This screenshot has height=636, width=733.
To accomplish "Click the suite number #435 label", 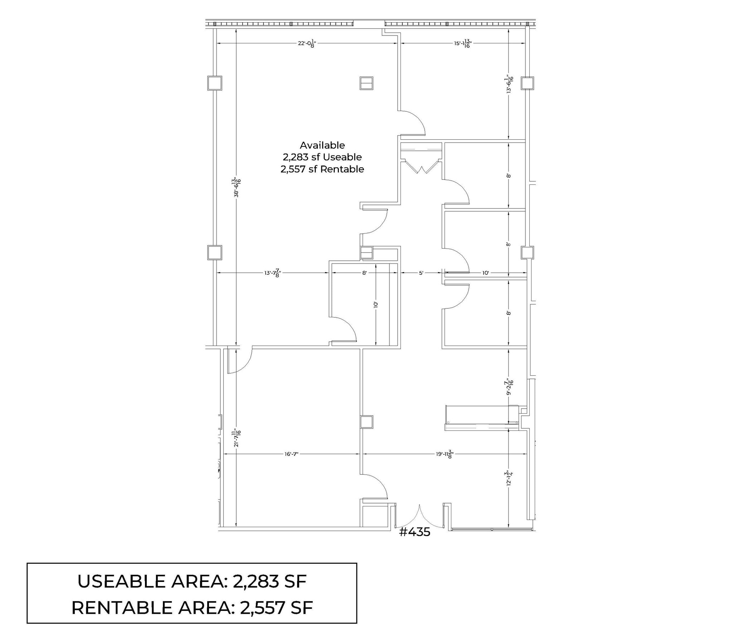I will (x=414, y=532).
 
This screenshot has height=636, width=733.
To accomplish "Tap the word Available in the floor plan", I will (x=322, y=145).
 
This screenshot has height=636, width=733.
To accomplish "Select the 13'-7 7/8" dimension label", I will (x=272, y=273).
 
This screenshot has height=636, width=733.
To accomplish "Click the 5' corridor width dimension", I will (x=421, y=273).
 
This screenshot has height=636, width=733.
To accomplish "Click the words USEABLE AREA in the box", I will (x=152, y=581).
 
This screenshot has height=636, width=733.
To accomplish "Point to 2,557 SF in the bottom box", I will (x=276, y=608).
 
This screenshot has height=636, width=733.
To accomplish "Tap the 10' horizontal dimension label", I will (x=485, y=273).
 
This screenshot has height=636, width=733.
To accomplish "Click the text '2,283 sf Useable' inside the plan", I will (x=322, y=157).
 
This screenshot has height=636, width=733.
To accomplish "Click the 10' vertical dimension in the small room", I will (x=375, y=305).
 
